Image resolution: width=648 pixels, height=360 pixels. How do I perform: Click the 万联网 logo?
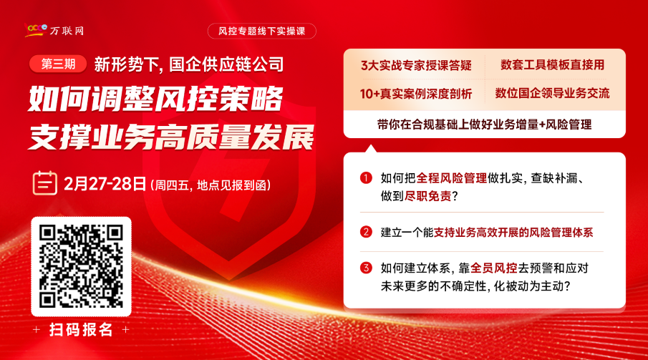[54, 30]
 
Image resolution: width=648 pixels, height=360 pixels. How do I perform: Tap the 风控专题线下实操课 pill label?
[261, 31]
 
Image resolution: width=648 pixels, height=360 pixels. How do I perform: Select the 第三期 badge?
[58, 64]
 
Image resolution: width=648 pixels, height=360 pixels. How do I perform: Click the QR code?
[81, 266]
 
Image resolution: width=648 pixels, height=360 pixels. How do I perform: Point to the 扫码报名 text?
[81, 329]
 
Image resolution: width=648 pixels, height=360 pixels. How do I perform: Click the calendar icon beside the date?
[44, 183]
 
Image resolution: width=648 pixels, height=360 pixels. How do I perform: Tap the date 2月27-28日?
[105, 184]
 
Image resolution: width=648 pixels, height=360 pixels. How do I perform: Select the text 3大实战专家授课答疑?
[416, 65]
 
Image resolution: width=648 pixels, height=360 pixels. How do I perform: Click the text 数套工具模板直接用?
[553, 65]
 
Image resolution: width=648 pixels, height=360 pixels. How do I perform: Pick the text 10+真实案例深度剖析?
[416, 94]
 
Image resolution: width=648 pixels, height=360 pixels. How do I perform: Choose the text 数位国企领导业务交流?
[553, 94]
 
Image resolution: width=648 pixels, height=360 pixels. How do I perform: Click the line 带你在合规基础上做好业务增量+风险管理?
[484, 125]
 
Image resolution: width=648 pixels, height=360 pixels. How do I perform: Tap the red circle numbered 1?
[366, 177]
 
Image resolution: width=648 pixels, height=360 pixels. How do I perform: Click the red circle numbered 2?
[366, 232]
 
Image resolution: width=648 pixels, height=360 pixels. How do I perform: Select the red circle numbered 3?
[366, 268]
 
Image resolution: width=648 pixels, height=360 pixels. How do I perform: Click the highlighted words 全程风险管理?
[452, 178]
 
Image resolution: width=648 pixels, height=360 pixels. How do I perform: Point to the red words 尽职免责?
[427, 196]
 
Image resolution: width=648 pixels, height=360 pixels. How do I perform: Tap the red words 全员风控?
[494, 268]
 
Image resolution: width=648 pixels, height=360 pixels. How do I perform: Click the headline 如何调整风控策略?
[156, 99]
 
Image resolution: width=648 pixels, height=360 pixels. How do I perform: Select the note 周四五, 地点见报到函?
[211, 185]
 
